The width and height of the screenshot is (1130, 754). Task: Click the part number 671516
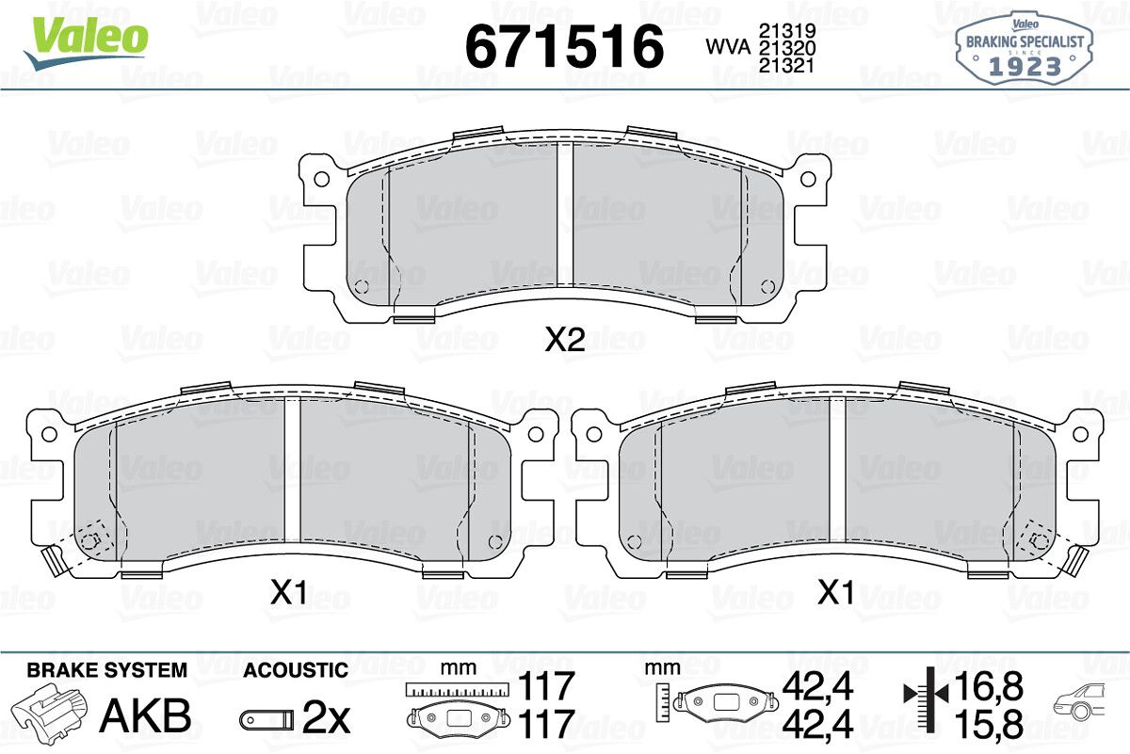coord(564,46)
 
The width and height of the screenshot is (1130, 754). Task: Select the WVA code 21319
coord(787,31)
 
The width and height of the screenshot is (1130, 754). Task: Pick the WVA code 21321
coord(787,66)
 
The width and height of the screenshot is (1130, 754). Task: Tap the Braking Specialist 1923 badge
coord(1025,49)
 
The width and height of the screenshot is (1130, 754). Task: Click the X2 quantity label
coord(565,340)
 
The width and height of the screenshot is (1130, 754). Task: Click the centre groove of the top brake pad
coord(565,215)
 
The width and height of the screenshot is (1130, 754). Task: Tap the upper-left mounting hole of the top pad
coord(321,179)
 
